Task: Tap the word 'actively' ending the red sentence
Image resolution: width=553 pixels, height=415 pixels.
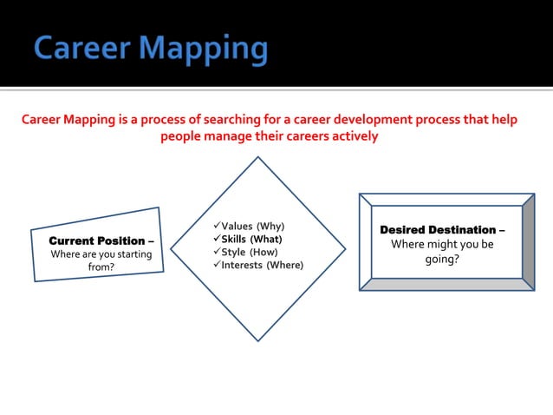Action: click(350, 137)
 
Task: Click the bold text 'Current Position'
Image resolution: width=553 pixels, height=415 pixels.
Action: click(96, 240)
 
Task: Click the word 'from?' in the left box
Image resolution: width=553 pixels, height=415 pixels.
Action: click(101, 268)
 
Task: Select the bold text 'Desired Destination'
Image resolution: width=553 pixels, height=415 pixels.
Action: click(438, 230)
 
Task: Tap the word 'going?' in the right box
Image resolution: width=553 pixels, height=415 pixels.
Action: click(442, 259)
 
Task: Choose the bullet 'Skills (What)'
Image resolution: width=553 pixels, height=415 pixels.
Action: click(251, 239)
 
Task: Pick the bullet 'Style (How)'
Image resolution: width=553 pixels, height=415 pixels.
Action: click(250, 252)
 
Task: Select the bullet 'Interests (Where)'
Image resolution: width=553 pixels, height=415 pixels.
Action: click(262, 265)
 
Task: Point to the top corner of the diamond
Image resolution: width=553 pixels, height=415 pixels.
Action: click(257, 158)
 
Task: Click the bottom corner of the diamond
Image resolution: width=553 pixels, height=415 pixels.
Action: click(257, 340)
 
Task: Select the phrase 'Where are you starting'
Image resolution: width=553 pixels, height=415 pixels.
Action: click(101, 254)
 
